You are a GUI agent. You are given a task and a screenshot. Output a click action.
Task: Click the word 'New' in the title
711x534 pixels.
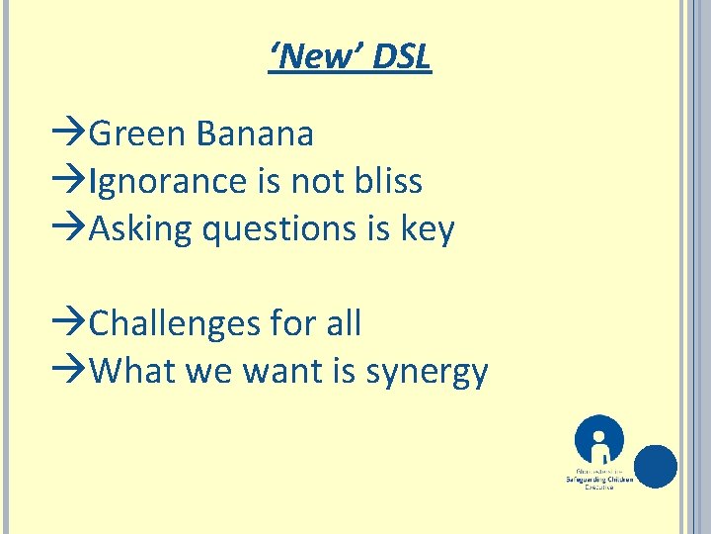click(x=315, y=57)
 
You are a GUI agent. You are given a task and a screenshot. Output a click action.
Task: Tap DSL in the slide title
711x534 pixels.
click(x=402, y=57)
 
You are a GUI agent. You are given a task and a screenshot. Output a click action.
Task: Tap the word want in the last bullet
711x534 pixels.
click(x=286, y=372)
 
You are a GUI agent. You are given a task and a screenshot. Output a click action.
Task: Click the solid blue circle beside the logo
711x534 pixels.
click(x=656, y=467)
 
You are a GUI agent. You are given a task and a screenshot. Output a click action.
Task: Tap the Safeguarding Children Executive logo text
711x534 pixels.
click(x=600, y=480)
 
